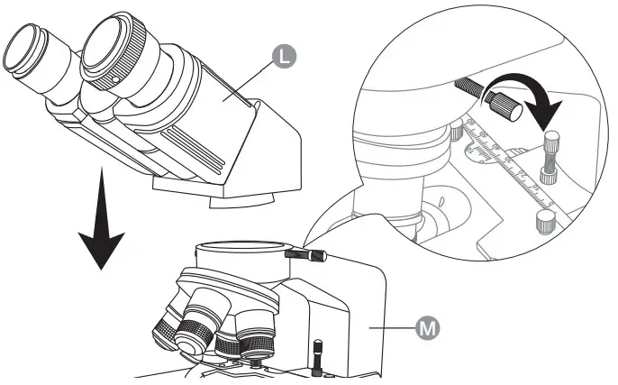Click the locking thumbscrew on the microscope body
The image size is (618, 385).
tap(303, 256)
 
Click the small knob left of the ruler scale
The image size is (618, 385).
tap(458, 132)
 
